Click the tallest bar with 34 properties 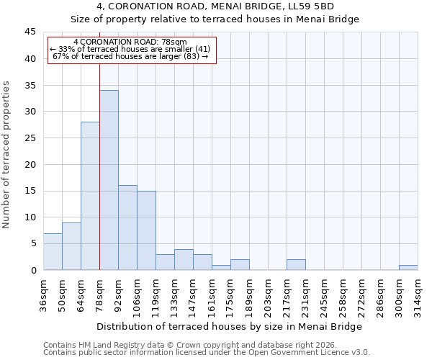(109, 180)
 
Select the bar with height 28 (90, 196)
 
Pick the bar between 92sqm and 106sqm (127, 228)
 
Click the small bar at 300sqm (408, 268)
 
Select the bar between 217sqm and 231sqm (296, 265)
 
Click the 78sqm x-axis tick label (99, 293)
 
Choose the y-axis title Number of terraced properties (7, 155)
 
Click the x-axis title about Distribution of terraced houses (230, 327)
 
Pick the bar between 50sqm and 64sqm (71, 246)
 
